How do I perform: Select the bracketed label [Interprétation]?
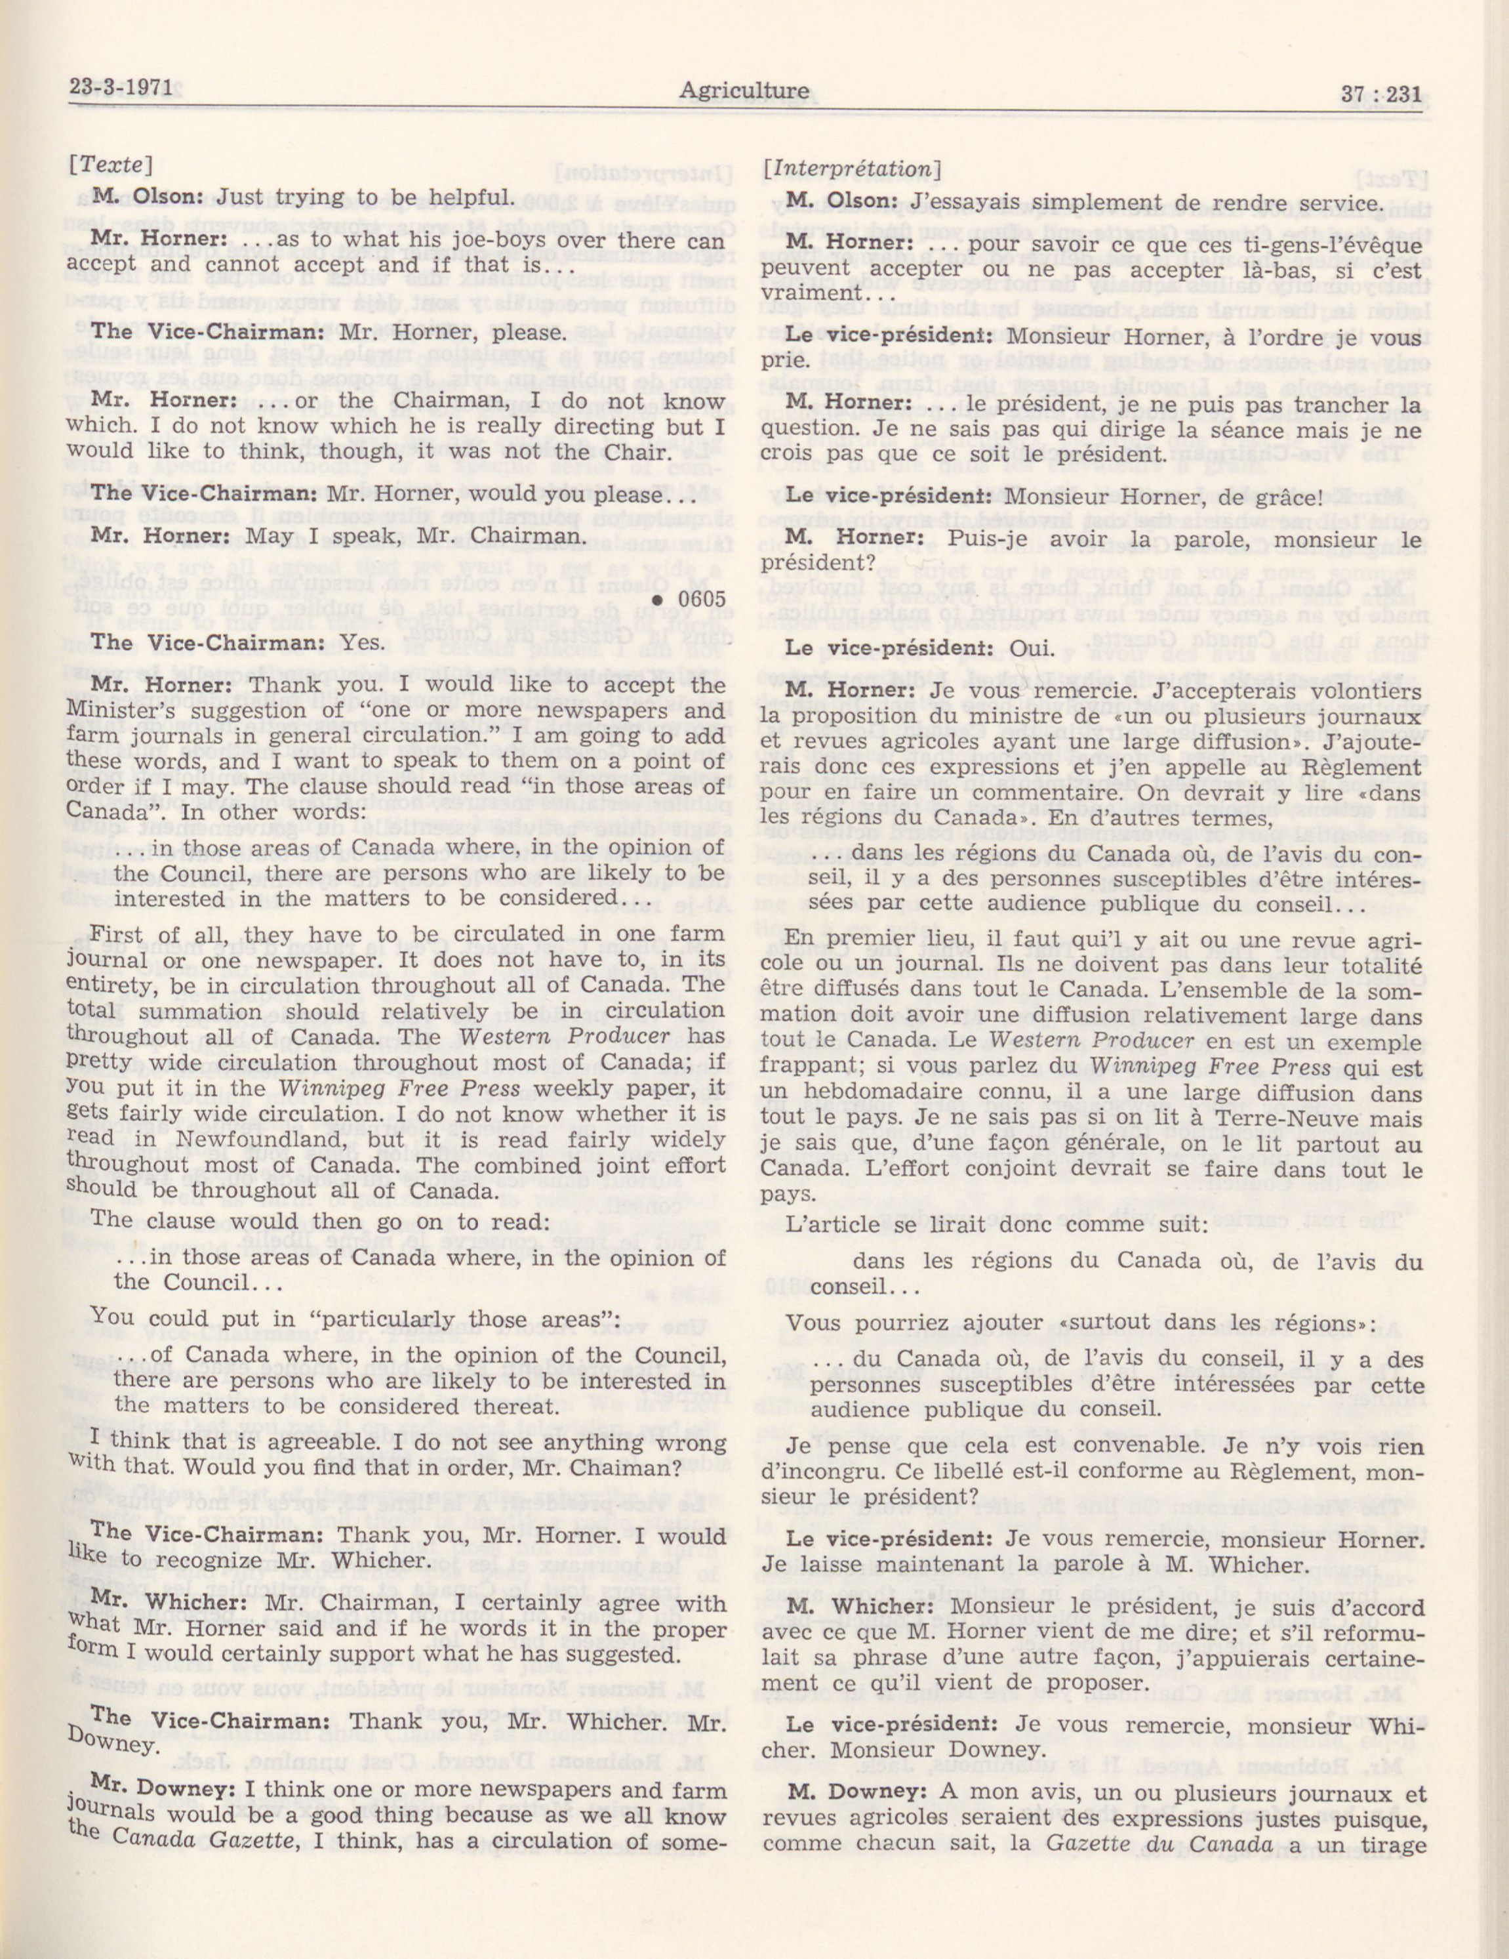coord(851,168)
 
